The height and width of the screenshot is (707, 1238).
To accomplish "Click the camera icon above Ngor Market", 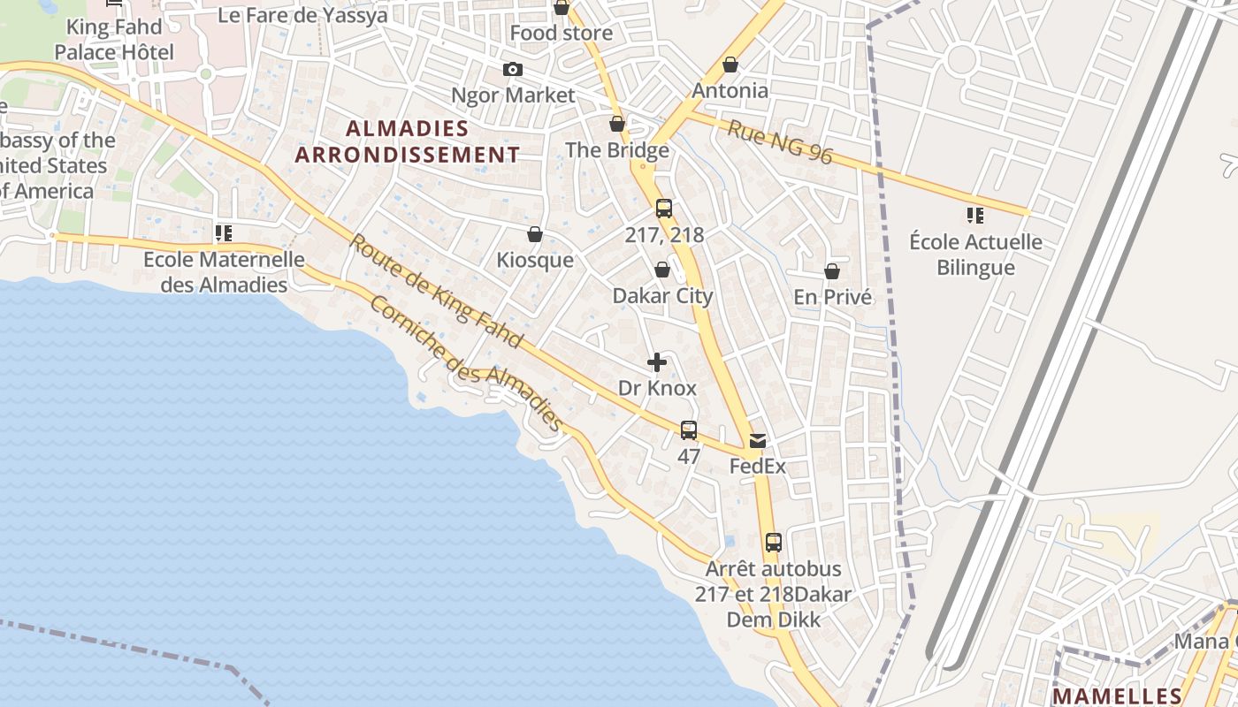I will [x=512, y=70].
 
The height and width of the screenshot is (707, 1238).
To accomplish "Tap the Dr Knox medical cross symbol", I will [x=657, y=362].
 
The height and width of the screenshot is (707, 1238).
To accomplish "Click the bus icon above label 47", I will [x=689, y=430].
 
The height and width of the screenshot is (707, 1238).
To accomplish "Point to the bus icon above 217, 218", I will [x=664, y=209].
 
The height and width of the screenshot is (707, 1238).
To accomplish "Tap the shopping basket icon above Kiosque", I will [x=535, y=234].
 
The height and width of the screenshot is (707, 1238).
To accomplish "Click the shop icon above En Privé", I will [x=832, y=271].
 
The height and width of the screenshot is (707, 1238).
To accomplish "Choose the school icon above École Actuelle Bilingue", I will [x=975, y=216].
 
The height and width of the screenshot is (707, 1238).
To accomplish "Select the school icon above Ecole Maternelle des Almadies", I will [x=224, y=233].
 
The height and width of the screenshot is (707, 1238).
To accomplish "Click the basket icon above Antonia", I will [x=730, y=65].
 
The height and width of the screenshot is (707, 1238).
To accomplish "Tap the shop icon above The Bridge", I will [x=617, y=124].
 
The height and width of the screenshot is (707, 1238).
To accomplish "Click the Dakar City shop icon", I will [x=662, y=270].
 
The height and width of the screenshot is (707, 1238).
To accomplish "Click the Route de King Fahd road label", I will [x=436, y=291].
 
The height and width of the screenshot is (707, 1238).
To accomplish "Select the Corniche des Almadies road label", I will [x=466, y=363].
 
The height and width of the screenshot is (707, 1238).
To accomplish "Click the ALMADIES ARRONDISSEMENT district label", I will [x=408, y=141].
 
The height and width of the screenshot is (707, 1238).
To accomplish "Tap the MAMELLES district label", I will [x=1118, y=695].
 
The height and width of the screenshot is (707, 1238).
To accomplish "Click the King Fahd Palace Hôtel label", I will [x=114, y=40].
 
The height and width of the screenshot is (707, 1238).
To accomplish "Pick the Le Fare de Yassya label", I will [x=302, y=15].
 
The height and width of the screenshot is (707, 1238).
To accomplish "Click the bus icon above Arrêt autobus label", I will [x=774, y=543].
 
